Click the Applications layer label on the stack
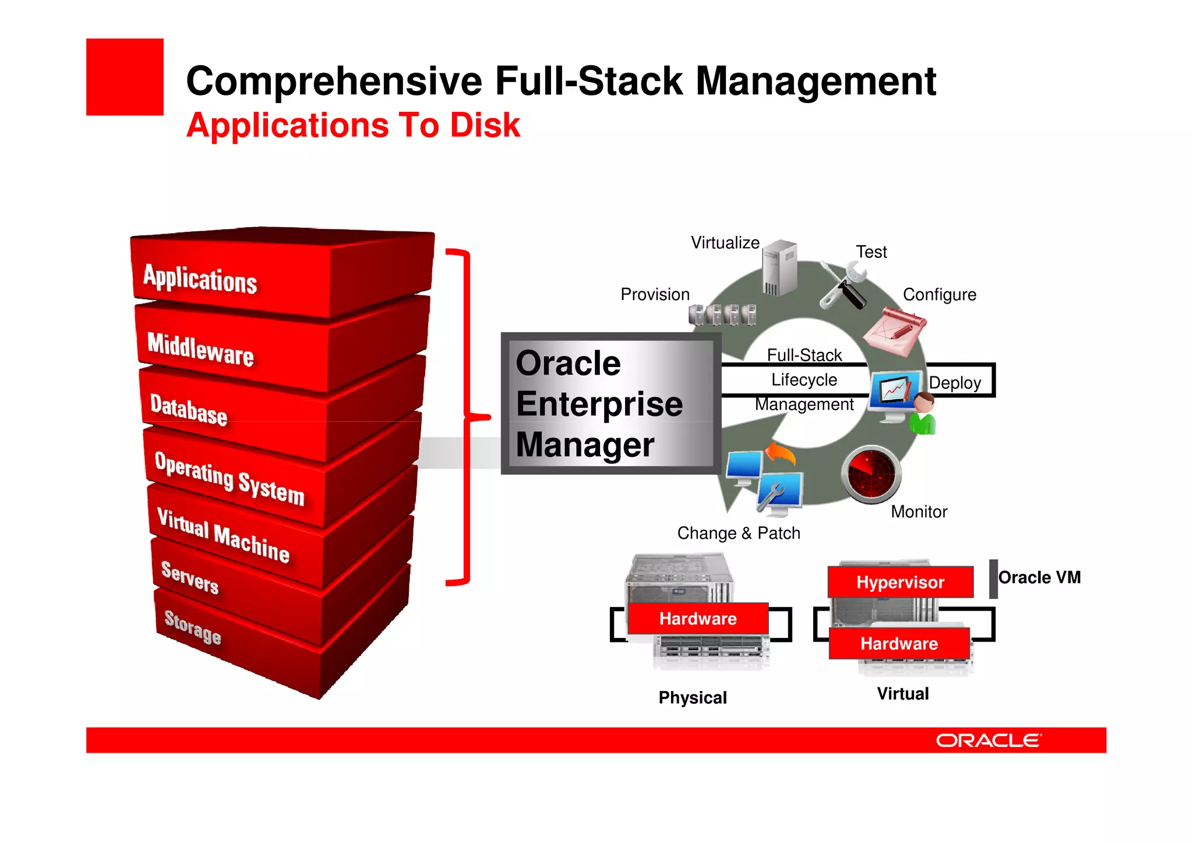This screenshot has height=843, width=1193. (200, 278)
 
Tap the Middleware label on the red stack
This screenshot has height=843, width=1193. (200, 349)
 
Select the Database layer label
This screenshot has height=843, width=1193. (188, 410)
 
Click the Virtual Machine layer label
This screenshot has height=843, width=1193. (223, 535)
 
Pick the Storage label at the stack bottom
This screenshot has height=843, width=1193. (192, 627)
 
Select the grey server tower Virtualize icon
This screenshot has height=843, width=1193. (779, 267)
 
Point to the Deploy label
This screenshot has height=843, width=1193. (954, 383)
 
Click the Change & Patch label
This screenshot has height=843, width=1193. (738, 533)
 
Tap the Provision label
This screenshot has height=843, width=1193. (655, 294)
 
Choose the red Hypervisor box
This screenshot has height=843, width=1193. (900, 582)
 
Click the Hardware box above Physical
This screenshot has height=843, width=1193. (697, 619)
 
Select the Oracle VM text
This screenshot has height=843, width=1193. (1039, 577)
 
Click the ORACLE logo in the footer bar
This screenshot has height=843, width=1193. (988, 740)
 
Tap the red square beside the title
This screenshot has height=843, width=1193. (125, 77)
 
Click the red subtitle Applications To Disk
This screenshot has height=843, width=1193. (353, 125)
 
